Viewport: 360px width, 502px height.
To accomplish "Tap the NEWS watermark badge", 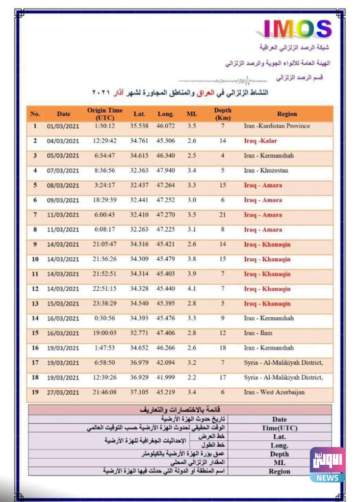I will click(x=327, y=464).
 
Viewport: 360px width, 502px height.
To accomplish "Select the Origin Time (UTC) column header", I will click(x=105, y=114).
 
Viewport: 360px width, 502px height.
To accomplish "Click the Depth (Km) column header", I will click(x=222, y=114).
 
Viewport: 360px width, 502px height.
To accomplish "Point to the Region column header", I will click(x=286, y=114).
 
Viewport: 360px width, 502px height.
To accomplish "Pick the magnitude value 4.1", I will click(x=192, y=289).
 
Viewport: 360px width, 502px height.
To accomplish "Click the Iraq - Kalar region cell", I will click(x=260, y=141).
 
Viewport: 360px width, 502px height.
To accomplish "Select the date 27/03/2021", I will click(x=63, y=392).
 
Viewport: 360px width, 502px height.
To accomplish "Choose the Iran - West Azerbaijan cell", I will click(x=274, y=392).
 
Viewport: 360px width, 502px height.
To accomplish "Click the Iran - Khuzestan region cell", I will click(x=266, y=171).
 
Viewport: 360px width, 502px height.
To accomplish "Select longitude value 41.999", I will click(x=166, y=377).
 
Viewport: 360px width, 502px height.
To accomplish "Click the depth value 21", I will click(x=222, y=215).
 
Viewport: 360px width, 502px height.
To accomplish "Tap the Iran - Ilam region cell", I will click(x=258, y=333).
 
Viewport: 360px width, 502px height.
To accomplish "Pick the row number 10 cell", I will click(x=35, y=259).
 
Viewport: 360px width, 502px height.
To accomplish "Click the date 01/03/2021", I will click(x=63, y=126).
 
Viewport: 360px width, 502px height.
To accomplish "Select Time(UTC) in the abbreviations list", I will click(x=279, y=428).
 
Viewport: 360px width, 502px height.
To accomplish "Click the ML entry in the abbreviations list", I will click(x=279, y=463).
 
